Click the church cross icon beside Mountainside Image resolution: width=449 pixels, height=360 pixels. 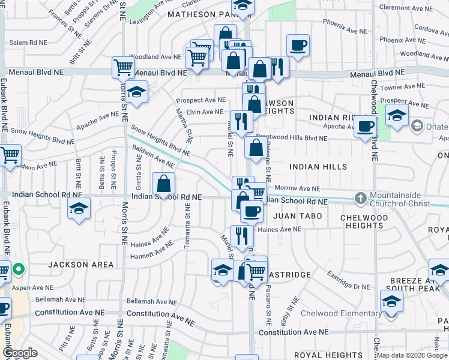(x=360, y=197)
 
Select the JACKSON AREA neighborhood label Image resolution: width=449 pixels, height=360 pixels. (x=81, y=265)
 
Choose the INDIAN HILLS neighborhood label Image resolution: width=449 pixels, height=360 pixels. (x=318, y=166)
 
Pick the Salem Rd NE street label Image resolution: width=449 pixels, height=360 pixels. (x=28, y=43)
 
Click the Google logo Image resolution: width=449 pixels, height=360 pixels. (x=20, y=353)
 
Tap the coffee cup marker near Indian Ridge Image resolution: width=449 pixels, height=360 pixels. (x=364, y=127)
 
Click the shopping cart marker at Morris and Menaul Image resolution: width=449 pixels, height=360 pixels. (x=123, y=67)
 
